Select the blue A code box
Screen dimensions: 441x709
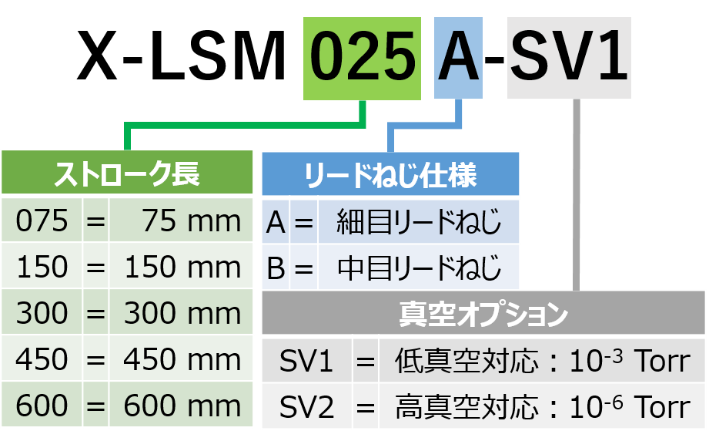pyautogui.click(x=459, y=58)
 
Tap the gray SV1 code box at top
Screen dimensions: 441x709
pyautogui.click(x=569, y=58)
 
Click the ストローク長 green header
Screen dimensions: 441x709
pyautogui.click(x=127, y=174)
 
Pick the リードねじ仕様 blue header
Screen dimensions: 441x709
pyautogui.click(x=390, y=175)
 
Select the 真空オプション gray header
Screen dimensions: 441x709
pyautogui.click(x=483, y=314)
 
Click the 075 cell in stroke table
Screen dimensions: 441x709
pyautogui.click(x=42, y=221)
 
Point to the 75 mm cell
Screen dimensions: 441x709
pyautogui.click(x=181, y=221)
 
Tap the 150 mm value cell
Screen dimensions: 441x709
pyautogui.click(x=181, y=268)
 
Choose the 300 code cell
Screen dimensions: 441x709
pyautogui.click(x=42, y=314)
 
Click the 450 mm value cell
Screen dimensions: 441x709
pyautogui.click(x=181, y=359)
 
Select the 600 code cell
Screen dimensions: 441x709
pyautogui.click(x=42, y=406)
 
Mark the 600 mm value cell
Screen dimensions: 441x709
pyautogui.click(x=181, y=406)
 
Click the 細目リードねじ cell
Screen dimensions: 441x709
pyautogui.click(x=419, y=222)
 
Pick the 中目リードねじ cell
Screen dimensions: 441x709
pyautogui.click(x=419, y=268)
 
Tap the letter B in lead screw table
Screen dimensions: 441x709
pyautogui.click(x=276, y=268)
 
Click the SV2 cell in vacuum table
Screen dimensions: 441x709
pyautogui.click(x=306, y=406)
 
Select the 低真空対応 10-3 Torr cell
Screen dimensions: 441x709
pyautogui.click(x=542, y=361)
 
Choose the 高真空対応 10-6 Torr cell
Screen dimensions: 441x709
pyautogui.click(x=542, y=406)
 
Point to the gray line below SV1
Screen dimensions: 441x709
pyautogui.click(x=576, y=193)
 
